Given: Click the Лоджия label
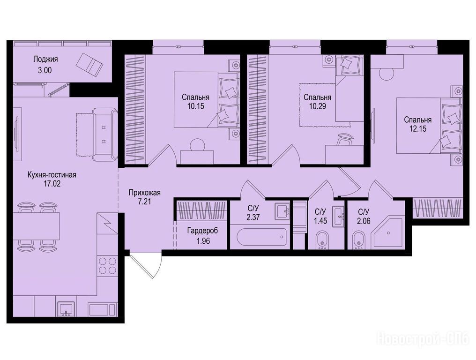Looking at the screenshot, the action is click(45, 59).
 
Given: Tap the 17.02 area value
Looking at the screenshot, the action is click(52, 183).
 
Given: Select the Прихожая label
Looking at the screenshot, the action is click(144, 193).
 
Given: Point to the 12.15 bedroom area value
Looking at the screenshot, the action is click(418, 128).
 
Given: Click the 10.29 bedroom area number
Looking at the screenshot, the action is click(318, 106).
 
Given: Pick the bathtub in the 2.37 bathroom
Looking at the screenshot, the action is click(261, 237).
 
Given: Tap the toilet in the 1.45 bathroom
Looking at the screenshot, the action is click(322, 240).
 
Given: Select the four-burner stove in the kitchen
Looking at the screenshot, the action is click(108, 266).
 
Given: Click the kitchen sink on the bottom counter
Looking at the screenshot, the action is click(66, 309).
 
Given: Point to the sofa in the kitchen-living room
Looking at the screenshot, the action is click(105, 135).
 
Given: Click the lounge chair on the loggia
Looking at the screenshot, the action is click(89, 64).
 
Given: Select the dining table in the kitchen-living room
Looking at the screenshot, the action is click(36, 226).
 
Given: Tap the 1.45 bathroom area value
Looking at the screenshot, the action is click(320, 221).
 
